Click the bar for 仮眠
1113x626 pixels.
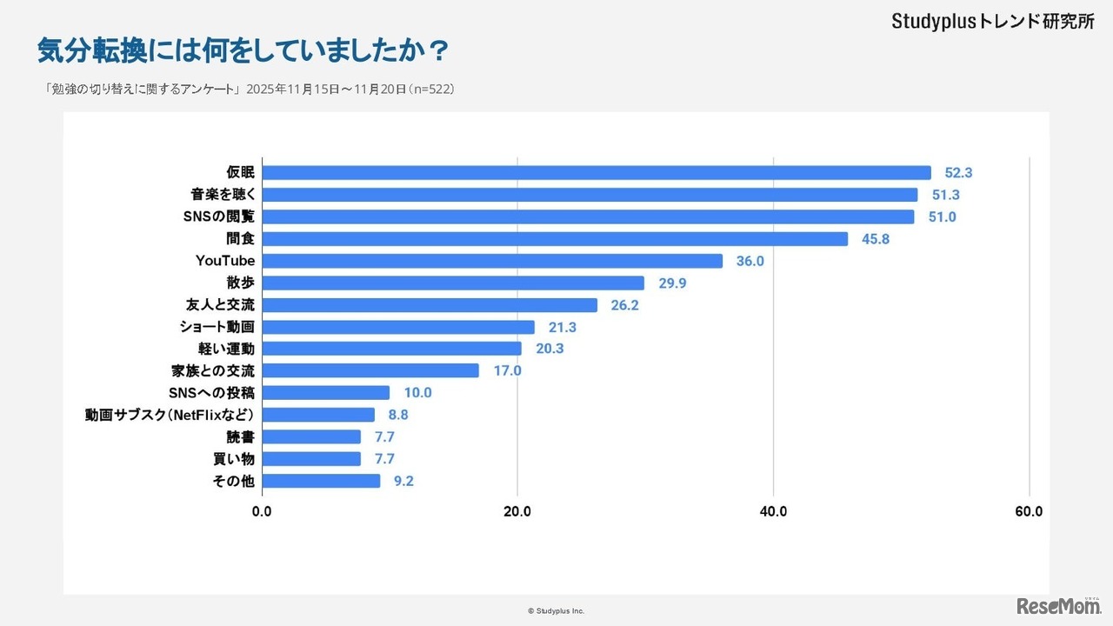coord(596,173)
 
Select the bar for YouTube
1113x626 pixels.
coord(492,261)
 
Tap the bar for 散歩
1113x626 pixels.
coord(453,283)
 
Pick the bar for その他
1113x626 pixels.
coord(321,481)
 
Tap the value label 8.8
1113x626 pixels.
coord(398,415)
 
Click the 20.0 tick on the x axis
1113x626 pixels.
coord(517,512)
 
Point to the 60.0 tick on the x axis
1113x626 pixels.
coord(1029,512)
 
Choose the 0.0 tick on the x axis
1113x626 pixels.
coord(262,512)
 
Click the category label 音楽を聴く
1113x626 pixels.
coord(223,195)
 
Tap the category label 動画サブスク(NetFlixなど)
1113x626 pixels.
coord(170,415)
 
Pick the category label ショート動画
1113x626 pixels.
coord(217,327)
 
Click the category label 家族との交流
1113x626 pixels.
coord(213,370)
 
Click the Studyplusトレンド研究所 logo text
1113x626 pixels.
coord(992,22)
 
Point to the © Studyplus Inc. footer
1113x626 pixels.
coord(556,611)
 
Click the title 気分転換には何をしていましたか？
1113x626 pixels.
coord(243,50)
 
